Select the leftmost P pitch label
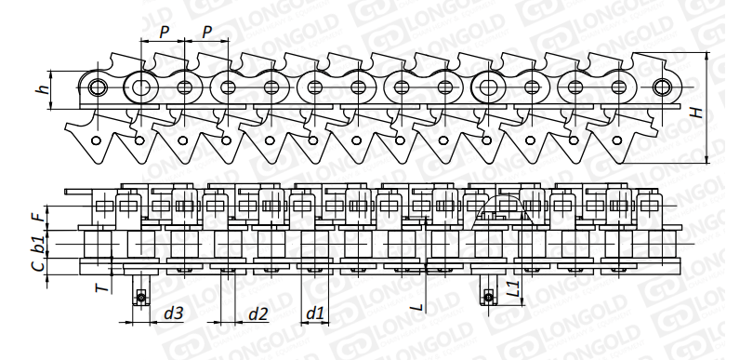point(165,33)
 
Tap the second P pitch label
point(207,33)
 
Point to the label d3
point(173,313)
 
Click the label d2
point(258,313)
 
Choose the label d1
point(315,313)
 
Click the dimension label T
point(101,287)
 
